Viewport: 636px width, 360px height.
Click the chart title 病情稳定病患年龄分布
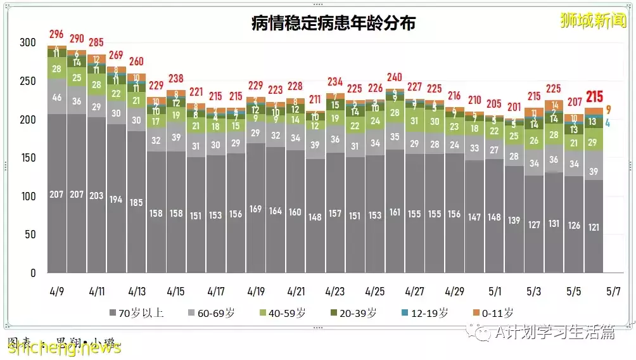click(x=333, y=23)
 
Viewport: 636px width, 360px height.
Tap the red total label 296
click(x=57, y=34)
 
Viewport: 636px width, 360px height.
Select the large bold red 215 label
click(x=594, y=97)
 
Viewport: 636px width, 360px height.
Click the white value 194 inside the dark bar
click(x=116, y=200)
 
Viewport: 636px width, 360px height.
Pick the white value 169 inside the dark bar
click(x=255, y=209)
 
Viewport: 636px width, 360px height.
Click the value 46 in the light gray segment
click(x=57, y=98)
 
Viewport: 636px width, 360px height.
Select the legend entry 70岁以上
click(x=136, y=312)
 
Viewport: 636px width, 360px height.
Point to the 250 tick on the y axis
click(x=29, y=81)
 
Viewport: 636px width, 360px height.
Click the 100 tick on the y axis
click(x=29, y=196)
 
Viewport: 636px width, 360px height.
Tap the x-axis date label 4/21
click(x=295, y=292)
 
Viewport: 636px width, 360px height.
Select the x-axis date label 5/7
click(x=613, y=292)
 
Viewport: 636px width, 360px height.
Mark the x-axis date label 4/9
click(x=57, y=292)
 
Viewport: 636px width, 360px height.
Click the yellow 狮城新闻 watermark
click(x=592, y=20)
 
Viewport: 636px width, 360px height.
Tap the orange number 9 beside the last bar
click(x=608, y=110)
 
